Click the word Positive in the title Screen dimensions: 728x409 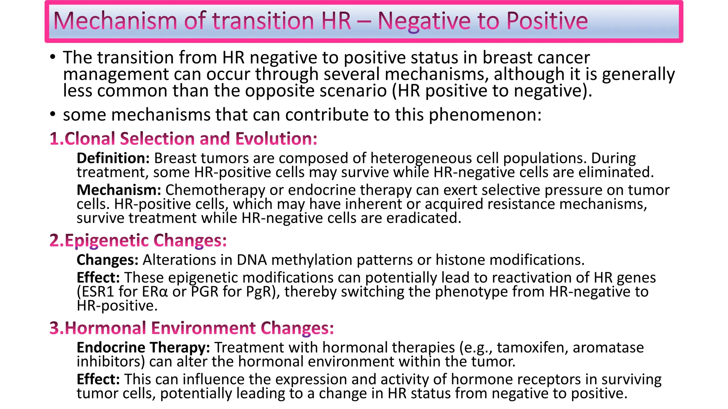[547, 21]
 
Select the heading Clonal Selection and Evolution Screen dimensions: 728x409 [191, 138]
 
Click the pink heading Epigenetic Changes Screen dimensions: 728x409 [145, 241]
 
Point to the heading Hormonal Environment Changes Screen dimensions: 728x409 [199, 328]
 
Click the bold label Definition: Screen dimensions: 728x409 [113, 158]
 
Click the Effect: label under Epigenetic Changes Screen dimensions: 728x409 [98, 277]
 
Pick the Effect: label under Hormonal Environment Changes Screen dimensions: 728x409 [98, 379]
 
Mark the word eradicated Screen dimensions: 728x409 [424, 218]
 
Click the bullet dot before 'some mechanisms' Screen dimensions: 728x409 [53, 114]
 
